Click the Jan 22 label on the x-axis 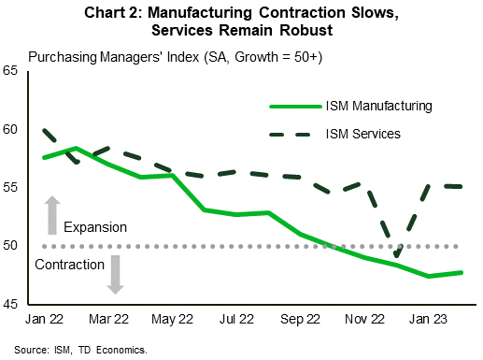click(x=45, y=319)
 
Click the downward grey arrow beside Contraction click(x=116, y=275)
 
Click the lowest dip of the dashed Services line click(x=397, y=256)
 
